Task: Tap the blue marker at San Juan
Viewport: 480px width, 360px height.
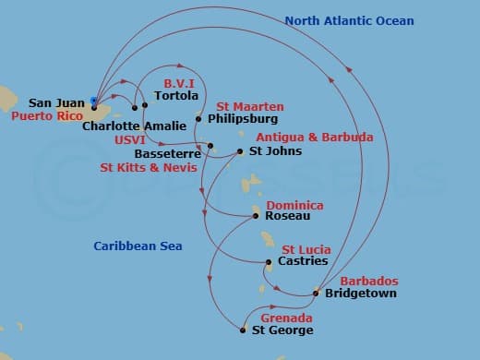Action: point(94,101)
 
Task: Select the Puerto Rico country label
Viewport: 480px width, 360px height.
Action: point(45,117)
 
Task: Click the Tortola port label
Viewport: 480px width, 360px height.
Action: point(177,95)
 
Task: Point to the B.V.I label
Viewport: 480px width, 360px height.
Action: point(179,81)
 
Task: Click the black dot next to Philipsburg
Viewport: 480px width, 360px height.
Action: point(198,119)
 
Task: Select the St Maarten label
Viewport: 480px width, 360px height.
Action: point(249,107)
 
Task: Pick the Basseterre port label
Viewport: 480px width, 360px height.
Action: point(167,153)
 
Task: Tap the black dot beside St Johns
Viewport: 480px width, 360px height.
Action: point(240,151)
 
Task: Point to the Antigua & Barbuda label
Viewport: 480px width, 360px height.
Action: point(314,138)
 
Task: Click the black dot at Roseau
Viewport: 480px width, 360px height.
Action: point(256,217)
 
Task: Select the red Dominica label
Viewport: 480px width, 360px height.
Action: point(294,205)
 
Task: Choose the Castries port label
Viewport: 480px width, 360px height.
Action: point(303,261)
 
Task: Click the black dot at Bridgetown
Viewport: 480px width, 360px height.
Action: point(318,294)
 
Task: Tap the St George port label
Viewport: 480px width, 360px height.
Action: point(282,330)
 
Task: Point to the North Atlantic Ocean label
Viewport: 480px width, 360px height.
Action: point(349,21)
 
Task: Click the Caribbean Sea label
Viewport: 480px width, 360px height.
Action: point(138,246)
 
